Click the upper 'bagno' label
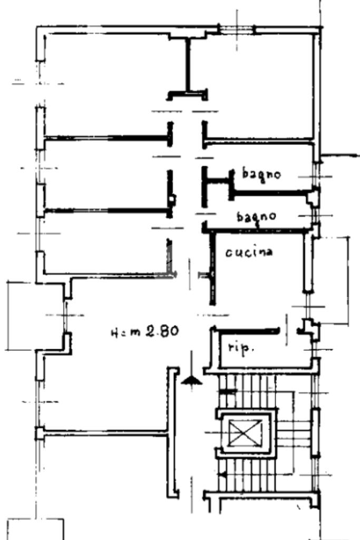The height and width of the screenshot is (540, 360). tap(261, 174)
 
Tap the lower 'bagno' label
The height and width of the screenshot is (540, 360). tap(256, 217)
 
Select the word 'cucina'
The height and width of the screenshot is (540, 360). tap(249, 252)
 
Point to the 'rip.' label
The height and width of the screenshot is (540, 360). tap(241, 348)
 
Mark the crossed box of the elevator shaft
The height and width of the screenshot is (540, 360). tap(245, 433)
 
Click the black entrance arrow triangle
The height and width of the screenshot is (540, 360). tap(191, 380)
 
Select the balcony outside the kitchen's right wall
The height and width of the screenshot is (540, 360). tap(333, 280)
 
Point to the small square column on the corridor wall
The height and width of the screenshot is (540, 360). tap(172, 199)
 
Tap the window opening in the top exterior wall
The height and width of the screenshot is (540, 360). tap(237, 30)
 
